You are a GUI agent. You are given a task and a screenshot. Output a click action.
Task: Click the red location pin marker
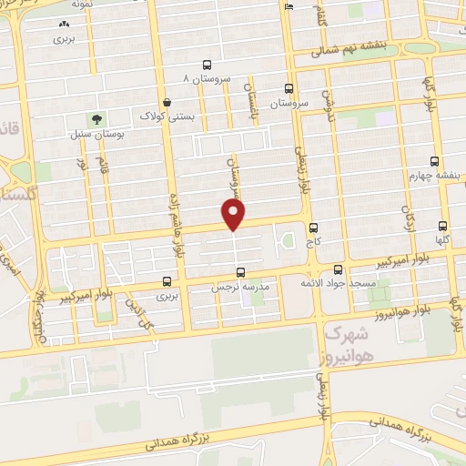click(234, 215)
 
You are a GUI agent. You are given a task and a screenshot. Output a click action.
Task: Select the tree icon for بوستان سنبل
click(96, 119)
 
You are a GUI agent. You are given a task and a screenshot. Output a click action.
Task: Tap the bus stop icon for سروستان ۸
click(208, 65)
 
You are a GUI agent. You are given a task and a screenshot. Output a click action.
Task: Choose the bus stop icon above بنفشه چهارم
click(436, 160)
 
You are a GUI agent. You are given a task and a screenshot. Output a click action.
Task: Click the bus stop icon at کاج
click(314, 228)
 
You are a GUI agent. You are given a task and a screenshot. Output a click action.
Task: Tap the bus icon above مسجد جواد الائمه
click(338, 269)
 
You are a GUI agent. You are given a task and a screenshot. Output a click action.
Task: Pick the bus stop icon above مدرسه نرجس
click(240, 271)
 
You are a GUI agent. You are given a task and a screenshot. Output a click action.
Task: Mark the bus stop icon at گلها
click(443, 226)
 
